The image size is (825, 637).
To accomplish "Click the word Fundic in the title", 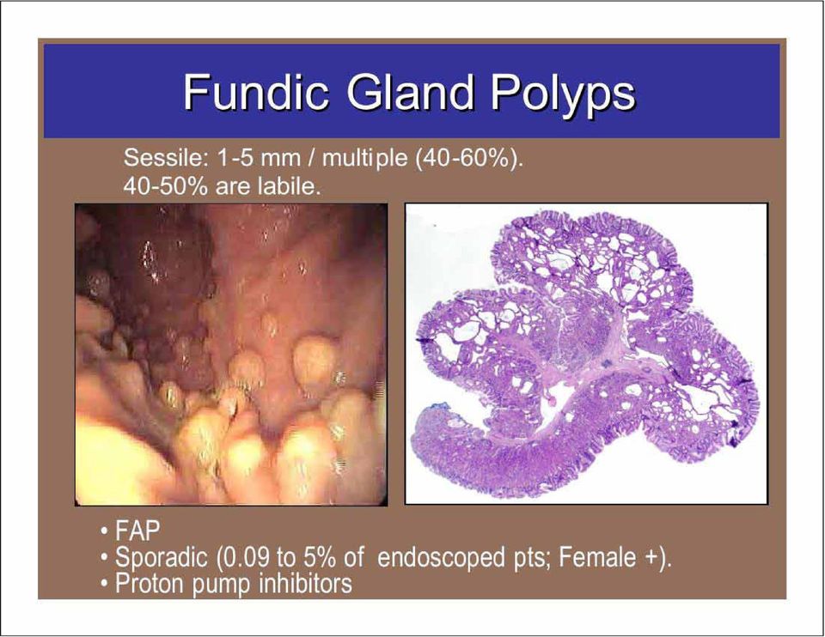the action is point(256,92).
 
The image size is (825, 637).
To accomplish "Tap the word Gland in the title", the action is point(411,92).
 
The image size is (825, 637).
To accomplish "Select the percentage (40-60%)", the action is point(469,159).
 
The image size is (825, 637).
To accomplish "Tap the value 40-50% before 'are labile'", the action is point(165,186).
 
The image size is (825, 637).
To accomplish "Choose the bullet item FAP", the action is point(137,531).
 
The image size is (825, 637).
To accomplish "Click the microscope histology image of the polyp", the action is point(586,354).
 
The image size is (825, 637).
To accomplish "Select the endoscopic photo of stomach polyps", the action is point(231,355).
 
